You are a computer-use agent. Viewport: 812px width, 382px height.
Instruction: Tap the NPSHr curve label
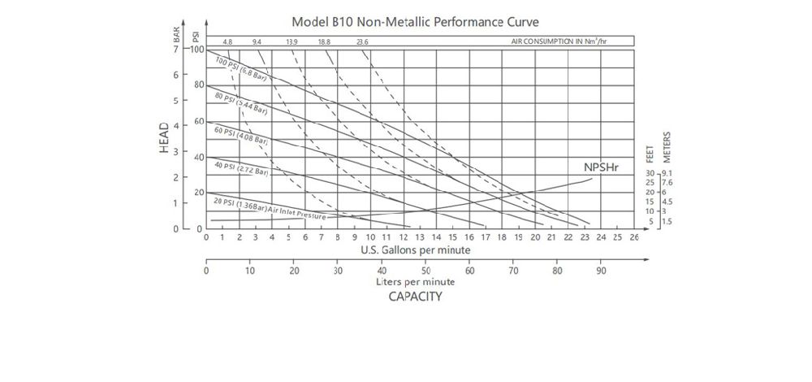pyautogui.click(x=602, y=167)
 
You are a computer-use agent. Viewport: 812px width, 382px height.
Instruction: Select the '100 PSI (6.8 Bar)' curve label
pyautogui.click(x=242, y=71)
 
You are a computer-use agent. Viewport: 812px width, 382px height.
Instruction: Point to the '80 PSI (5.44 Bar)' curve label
pyautogui.click(x=240, y=103)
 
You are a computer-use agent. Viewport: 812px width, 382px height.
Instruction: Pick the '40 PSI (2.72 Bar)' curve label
pyautogui.click(x=240, y=168)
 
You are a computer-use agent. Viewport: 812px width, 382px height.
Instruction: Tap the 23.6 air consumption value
pyautogui.click(x=362, y=41)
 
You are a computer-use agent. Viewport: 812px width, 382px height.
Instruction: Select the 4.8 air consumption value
pyautogui.click(x=227, y=41)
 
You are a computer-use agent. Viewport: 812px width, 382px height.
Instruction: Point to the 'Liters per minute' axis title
pyautogui.click(x=415, y=281)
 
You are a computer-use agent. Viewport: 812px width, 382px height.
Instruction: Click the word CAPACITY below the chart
pyautogui.click(x=415, y=297)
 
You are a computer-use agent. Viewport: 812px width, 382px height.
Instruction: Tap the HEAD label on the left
pyautogui.click(x=164, y=137)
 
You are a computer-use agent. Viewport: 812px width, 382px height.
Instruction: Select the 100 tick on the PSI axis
pyautogui.click(x=197, y=50)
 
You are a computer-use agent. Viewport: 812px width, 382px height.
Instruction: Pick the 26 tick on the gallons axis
pyautogui.click(x=634, y=237)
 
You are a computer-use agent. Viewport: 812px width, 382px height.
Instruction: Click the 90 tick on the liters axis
pyautogui.click(x=601, y=270)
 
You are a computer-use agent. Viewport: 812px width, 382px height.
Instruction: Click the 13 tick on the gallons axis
pyautogui.click(x=420, y=237)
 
